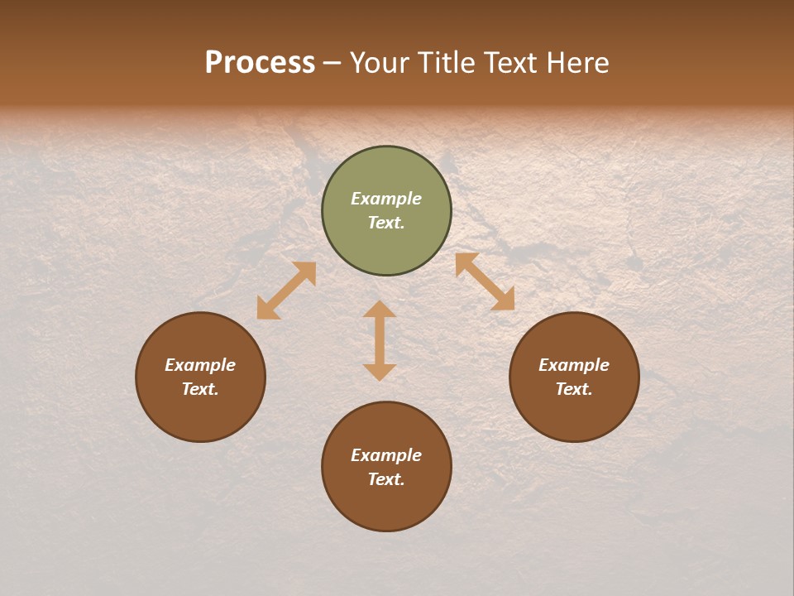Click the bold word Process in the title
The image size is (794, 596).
(x=260, y=63)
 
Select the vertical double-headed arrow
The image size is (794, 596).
(x=380, y=340)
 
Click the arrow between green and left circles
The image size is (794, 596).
(x=286, y=291)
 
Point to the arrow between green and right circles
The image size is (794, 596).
(x=485, y=281)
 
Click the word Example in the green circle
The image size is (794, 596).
(x=386, y=199)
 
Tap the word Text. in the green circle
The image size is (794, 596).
(x=386, y=223)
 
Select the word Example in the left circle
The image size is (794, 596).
(x=200, y=365)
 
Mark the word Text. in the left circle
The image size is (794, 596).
(x=200, y=389)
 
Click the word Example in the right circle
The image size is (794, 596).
(x=574, y=365)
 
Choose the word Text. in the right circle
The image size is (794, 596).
(x=574, y=389)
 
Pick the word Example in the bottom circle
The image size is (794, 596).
(x=386, y=455)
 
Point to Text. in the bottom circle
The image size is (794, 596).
(x=386, y=479)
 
